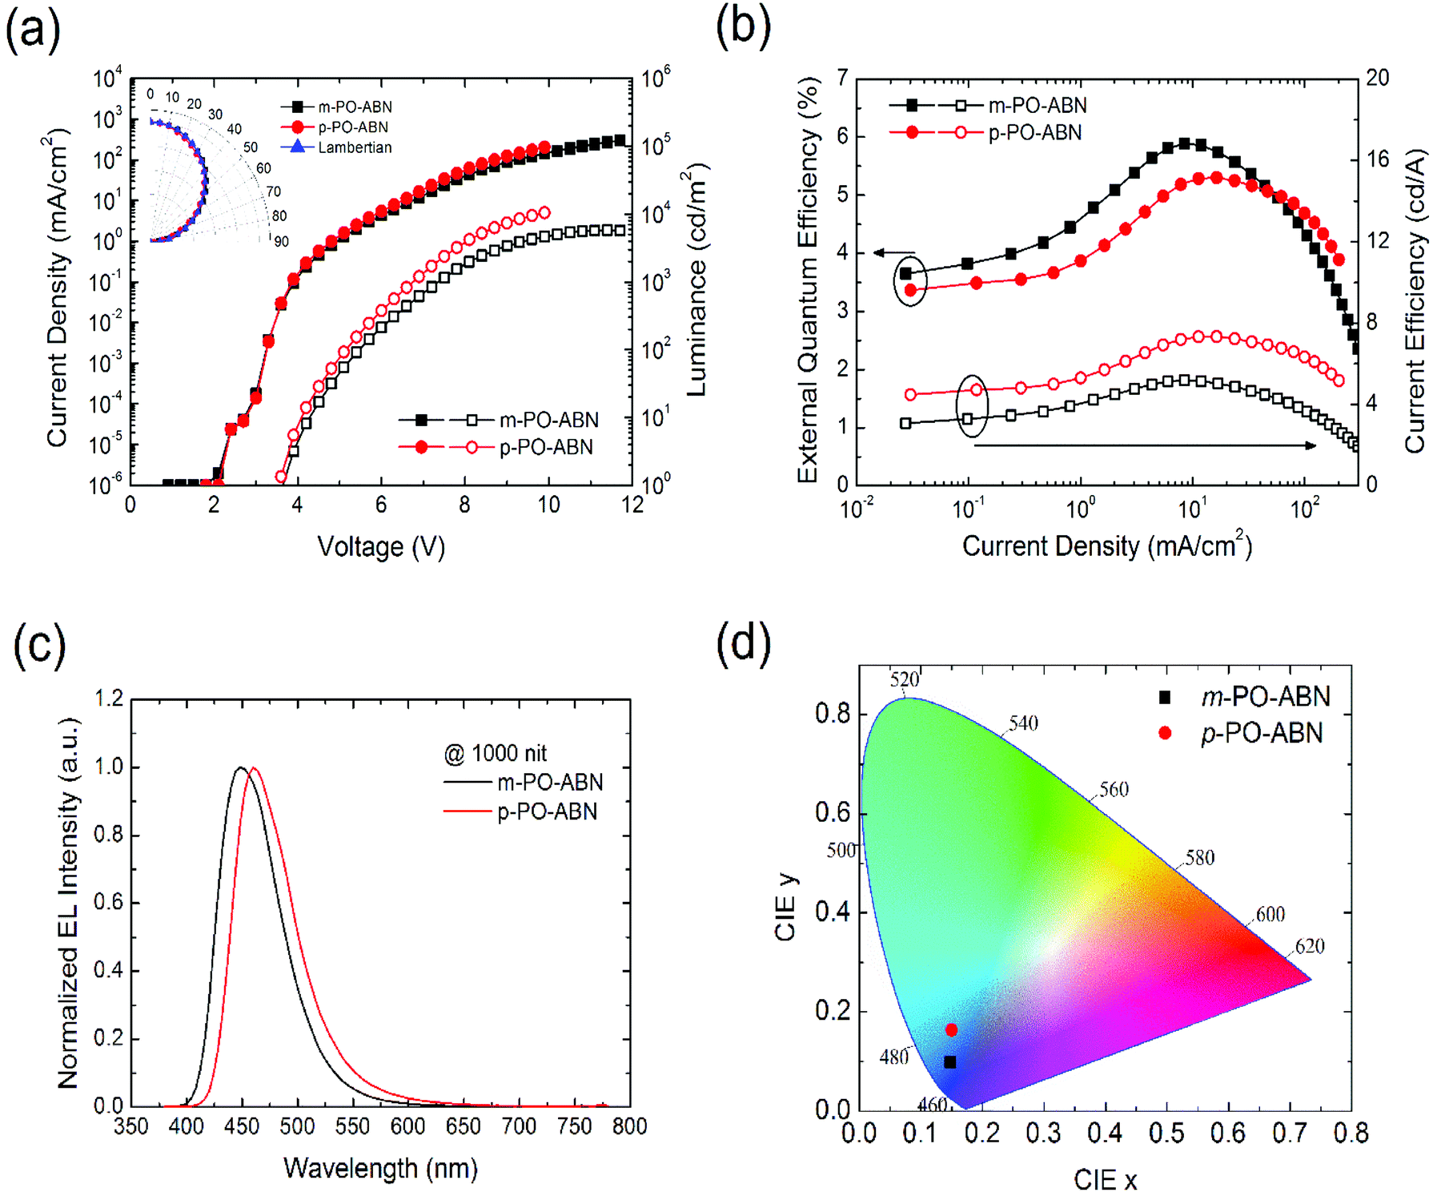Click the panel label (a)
(33, 32)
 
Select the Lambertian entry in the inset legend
(354, 147)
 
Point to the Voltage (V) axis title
(381, 546)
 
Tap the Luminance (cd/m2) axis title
(696, 280)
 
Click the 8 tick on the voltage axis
(464, 505)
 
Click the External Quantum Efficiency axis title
(809, 280)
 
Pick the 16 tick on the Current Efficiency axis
(1378, 159)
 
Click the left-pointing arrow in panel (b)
(893, 253)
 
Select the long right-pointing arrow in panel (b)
(1145, 445)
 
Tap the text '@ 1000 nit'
(496, 753)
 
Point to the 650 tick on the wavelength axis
(464, 1126)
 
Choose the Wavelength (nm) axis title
(380, 1168)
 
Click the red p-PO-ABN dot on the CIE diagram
(951, 1030)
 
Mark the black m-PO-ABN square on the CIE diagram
(950, 1062)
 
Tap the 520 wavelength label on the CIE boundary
(905, 680)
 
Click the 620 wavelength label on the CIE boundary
(1310, 946)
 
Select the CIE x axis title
(1105, 1179)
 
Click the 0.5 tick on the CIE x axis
(1166, 1133)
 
